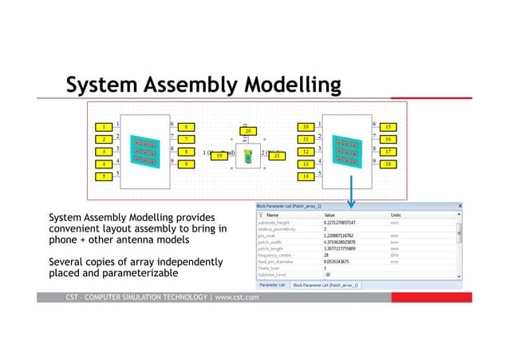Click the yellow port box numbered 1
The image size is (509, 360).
tap(103, 126)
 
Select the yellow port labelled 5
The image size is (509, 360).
tap(103, 176)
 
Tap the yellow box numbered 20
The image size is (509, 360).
tap(248, 130)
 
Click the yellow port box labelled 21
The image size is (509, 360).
tap(277, 156)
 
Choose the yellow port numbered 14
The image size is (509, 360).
tap(306, 176)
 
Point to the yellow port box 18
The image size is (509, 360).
tap(388, 164)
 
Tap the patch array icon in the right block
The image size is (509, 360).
tap(347, 150)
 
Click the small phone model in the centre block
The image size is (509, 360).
tap(248, 157)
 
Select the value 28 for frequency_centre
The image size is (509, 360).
tap(327, 255)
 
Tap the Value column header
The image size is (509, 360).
tap(329, 215)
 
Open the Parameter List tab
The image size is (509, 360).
tap(272, 284)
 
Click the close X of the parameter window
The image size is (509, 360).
tap(459, 205)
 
